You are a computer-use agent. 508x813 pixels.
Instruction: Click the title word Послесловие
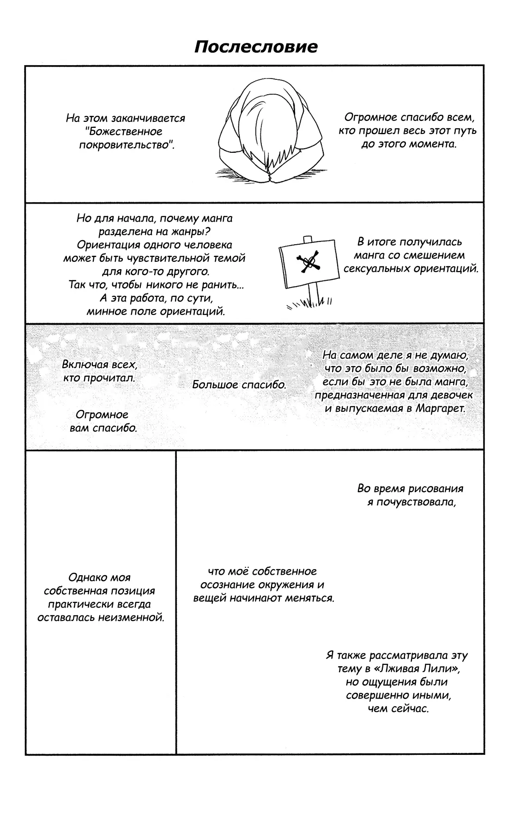[255, 47]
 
